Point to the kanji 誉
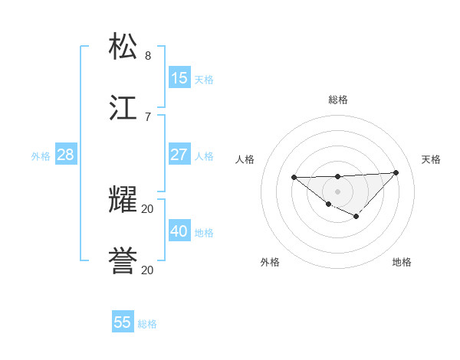pos(123,260)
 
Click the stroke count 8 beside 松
pos(148,56)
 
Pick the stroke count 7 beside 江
pos(148,117)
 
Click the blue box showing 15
pos(179,77)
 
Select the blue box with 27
pos(179,154)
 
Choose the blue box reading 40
pos(179,231)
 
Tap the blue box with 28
pos(66,155)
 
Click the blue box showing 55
pos(123,322)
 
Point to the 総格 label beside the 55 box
pos(147,324)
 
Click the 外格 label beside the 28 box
pos(41,156)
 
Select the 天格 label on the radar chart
pos(432,159)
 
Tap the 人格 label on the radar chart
pos(245,159)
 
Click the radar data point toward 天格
pos(396,172)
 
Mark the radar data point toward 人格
pos(294,178)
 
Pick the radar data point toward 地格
pos(356,217)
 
